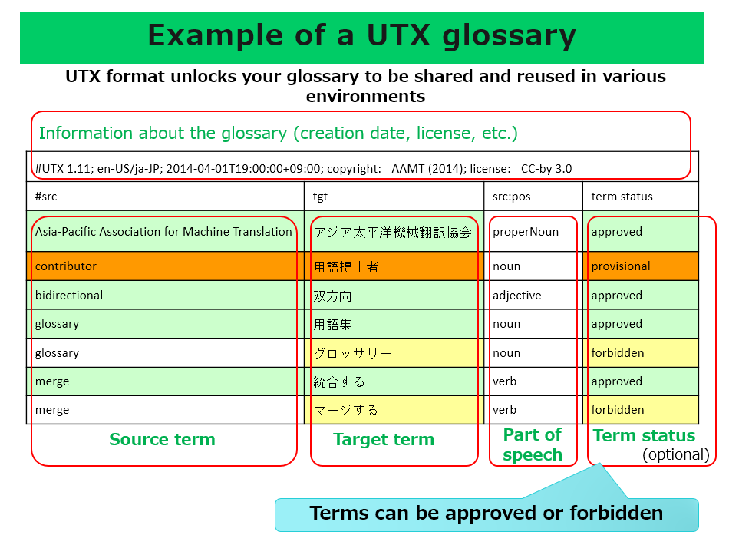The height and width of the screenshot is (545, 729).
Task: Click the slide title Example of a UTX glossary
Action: pos(361,36)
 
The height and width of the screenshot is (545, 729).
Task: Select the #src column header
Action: pos(46,197)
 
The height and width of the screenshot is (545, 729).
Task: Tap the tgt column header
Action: pos(320,197)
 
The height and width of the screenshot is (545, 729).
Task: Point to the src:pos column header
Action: pos(511,197)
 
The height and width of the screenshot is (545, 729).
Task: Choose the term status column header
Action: pos(622,197)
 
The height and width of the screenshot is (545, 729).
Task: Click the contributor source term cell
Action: pos(66,266)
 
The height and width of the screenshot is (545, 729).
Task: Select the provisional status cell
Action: pos(621,266)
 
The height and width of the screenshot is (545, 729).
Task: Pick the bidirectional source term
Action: pos(69,296)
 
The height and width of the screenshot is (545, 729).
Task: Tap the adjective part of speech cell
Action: pos(517,296)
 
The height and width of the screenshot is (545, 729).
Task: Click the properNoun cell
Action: pos(526,232)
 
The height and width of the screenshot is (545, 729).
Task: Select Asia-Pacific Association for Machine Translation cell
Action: pos(163,232)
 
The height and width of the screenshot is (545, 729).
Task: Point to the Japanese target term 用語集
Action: pos(332,324)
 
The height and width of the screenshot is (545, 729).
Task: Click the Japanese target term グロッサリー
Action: pos(352,353)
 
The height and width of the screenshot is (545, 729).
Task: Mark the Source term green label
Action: pos(162,439)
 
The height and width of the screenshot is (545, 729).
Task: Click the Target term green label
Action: pos(384,439)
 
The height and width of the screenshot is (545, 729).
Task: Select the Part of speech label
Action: pos(533,445)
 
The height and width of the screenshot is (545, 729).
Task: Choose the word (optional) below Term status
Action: pos(676,454)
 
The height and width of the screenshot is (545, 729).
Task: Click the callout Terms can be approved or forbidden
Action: pos(487,513)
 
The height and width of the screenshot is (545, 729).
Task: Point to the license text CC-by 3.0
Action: pos(546,168)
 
